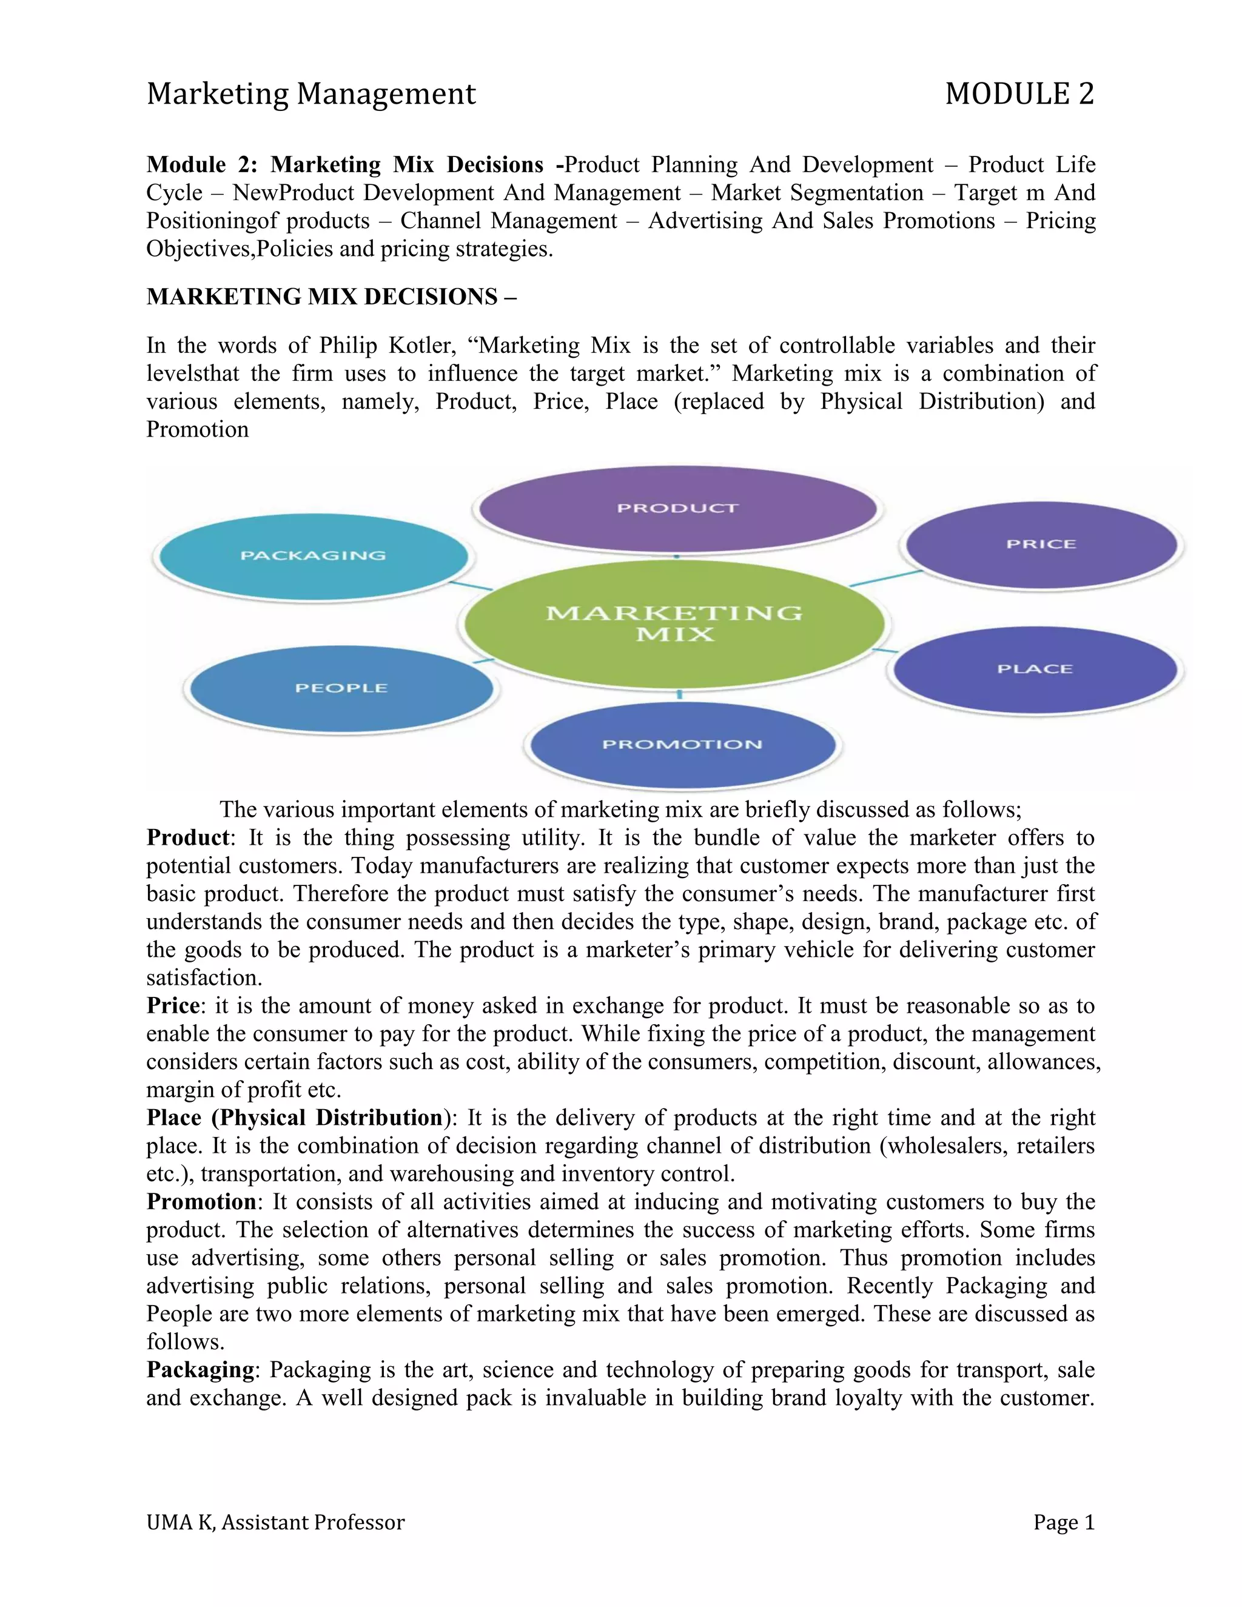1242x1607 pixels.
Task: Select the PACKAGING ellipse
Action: (314, 555)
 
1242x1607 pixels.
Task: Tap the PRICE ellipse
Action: (1041, 545)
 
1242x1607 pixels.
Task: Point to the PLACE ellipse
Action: (1035, 669)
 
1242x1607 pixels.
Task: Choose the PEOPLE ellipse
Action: (341, 688)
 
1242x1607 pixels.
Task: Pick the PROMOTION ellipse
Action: (682, 744)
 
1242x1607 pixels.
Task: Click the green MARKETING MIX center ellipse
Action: (674, 623)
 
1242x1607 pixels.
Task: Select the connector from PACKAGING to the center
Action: (471, 586)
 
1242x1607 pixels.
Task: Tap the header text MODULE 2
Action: (1019, 94)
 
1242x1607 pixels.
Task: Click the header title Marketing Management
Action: (311, 94)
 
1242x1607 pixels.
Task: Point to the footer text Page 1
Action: (1063, 1522)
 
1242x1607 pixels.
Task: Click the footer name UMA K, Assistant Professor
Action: (275, 1522)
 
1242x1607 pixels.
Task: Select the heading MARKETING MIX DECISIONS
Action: (331, 297)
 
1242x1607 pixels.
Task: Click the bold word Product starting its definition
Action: (187, 837)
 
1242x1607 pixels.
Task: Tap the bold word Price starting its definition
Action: (173, 1006)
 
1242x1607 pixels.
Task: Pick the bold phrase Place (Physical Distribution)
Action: (294, 1118)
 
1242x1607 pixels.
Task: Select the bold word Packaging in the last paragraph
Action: (200, 1369)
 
